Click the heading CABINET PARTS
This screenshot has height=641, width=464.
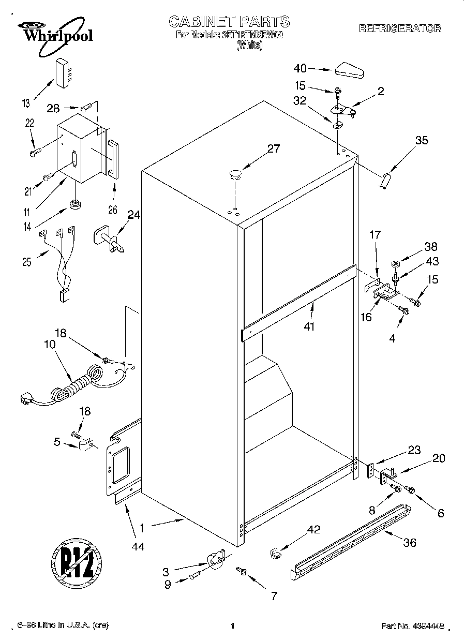click(229, 21)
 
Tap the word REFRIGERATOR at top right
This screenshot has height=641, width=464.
click(400, 28)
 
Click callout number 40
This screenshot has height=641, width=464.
click(300, 68)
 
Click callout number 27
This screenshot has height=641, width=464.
click(273, 149)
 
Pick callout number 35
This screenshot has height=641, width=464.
click(422, 140)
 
